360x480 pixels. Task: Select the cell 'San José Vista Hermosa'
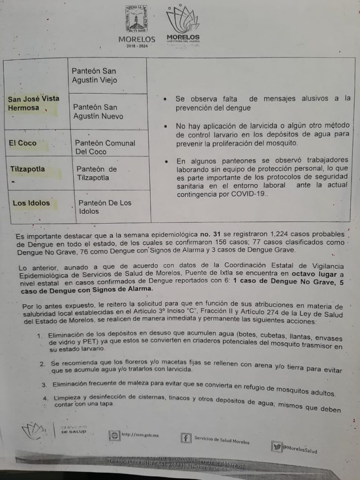click(x=34, y=103)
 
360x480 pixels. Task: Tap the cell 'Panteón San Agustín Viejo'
click(x=94, y=75)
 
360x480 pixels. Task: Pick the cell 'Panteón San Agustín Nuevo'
click(x=98, y=112)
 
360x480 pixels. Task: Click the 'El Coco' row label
click(x=23, y=143)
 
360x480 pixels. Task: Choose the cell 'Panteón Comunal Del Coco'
click(x=105, y=147)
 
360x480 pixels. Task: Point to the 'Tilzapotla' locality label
click(x=28, y=169)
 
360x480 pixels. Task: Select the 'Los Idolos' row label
click(x=31, y=203)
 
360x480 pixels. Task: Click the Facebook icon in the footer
click(x=186, y=438)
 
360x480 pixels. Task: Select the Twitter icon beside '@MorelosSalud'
click(x=277, y=447)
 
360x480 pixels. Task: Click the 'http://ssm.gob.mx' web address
click(x=140, y=435)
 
